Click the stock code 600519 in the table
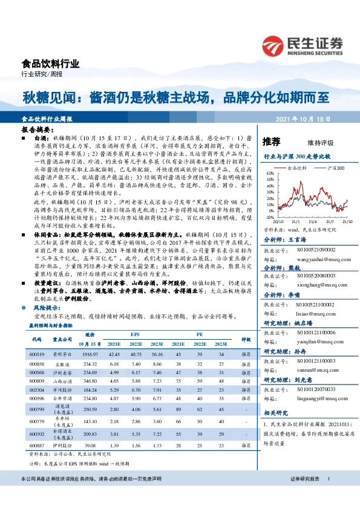[38, 354]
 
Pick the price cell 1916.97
[90, 354]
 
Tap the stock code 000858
[38, 364]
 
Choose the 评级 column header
[246, 339]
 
